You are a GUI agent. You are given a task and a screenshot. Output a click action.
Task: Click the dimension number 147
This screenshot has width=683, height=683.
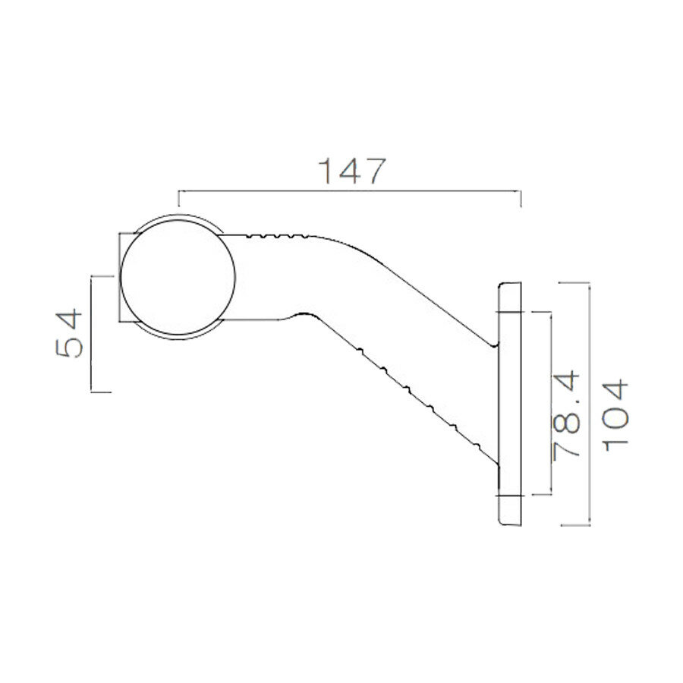click(x=351, y=172)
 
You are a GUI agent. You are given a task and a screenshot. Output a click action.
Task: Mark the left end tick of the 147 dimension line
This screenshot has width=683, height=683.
click(x=178, y=199)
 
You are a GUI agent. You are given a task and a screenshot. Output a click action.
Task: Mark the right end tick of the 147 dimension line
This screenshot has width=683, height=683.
click(x=521, y=199)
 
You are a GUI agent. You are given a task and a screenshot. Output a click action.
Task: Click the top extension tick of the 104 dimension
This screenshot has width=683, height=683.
click(x=574, y=283)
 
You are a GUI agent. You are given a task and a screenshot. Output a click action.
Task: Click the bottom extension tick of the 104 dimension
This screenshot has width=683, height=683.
click(x=574, y=525)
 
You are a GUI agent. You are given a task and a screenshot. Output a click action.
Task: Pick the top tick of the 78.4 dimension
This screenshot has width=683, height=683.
click(x=540, y=312)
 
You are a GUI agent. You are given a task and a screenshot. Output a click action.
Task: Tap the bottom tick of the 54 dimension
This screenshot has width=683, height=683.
click(x=101, y=392)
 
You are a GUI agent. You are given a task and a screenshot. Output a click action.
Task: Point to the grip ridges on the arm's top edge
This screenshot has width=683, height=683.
click(x=277, y=236)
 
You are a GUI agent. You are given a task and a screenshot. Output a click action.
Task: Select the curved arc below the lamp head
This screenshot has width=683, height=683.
click(x=178, y=336)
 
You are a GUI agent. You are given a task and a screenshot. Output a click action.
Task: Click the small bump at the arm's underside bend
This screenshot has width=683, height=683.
click(x=304, y=313)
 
